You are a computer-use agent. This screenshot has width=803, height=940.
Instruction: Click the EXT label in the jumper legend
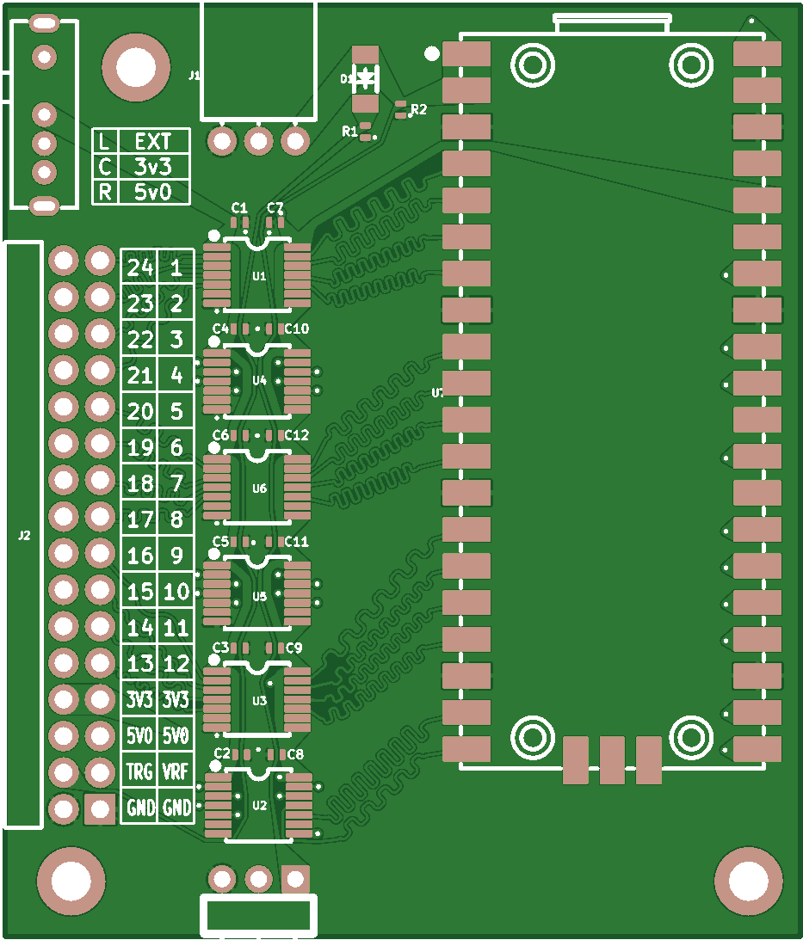pyautogui.click(x=153, y=141)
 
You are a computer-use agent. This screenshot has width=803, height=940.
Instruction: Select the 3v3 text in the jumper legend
pyautogui.click(x=153, y=167)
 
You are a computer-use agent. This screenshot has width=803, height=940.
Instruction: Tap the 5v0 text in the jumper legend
pyautogui.click(x=153, y=192)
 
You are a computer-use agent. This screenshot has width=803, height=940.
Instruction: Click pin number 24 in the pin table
pyautogui.click(x=139, y=268)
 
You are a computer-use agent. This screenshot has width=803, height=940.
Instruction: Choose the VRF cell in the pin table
pyautogui.click(x=176, y=771)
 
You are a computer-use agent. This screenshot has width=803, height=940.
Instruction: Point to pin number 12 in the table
pyautogui.click(x=176, y=664)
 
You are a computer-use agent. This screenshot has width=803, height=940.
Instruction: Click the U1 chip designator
pyautogui.click(x=259, y=276)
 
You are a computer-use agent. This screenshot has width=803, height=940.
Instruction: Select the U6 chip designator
pyautogui.click(x=259, y=488)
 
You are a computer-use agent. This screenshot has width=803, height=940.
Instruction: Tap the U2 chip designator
pyautogui.click(x=259, y=806)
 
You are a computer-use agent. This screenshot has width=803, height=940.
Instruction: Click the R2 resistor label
pyautogui.click(x=419, y=109)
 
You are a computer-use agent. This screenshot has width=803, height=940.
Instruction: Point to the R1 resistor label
pyautogui.click(x=349, y=132)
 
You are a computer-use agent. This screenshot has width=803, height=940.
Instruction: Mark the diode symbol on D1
pyautogui.click(x=367, y=78)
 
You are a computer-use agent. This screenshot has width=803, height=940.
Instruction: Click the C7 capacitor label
pyautogui.click(x=275, y=208)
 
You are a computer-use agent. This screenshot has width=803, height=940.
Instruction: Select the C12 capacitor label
pyautogui.click(x=296, y=435)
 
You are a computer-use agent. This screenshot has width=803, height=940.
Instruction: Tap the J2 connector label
pyautogui.click(x=24, y=536)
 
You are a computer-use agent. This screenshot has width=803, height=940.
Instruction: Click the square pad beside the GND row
pyautogui.click(x=100, y=808)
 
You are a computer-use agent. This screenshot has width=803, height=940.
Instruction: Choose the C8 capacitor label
pyautogui.click(x=295, y=754)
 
